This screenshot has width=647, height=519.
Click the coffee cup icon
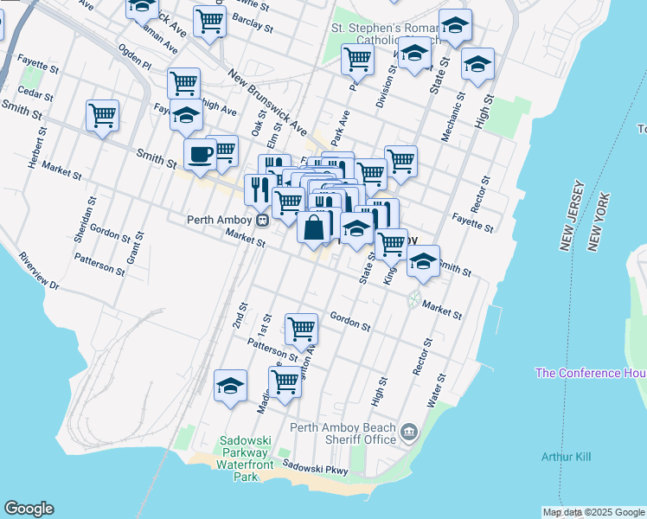[x=200, y=155]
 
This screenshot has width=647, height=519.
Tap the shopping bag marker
[x=314, y=227]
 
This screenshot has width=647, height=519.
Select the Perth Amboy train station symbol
[x=260, y=219]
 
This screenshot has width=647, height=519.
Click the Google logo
[x=29, y=509]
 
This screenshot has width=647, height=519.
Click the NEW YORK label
[x=594, y=222]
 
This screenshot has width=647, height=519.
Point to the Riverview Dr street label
[x=39, y=271]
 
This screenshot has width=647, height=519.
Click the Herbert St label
[x=38, y=152]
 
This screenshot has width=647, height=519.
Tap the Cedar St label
[x=35, y=93]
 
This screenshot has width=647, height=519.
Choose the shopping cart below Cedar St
[x=102, y=115]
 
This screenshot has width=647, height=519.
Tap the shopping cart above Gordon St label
[x=301, y=328]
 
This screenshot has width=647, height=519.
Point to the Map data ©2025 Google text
[x=594, y=512]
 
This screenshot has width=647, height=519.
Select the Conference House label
[x=591, y=373]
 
